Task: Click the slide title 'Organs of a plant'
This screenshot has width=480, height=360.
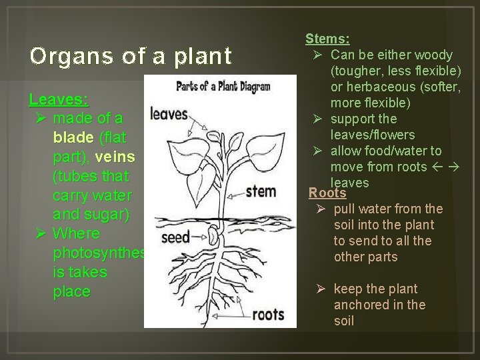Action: pyautogui.click(x=131, y=55)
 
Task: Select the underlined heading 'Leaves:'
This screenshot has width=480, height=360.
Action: pyautogui.click(x=59, y=99)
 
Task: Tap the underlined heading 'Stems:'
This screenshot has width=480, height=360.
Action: pyautogui.click(x=327, y=39)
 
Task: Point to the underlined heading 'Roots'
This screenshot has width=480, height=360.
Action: pyautogui.click(x=327, y=193)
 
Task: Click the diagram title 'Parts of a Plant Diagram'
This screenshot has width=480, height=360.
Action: pyautogui.click(x=222, y=86)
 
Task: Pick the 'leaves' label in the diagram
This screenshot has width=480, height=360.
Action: pyautogui.click(x=169, y=114)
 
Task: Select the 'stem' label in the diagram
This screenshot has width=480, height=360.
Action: pyautogui.click(x=261, y=191)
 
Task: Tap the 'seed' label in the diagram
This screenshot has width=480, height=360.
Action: pyautogui.click(x=175, y=237)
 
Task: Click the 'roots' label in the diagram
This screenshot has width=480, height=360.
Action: pyautogui.click(x=269, y=313)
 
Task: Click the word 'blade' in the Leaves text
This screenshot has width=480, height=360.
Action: pyautogui.click(x=73, y=137)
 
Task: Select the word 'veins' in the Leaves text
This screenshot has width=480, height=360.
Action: pyautogui.click(x=115, y=157)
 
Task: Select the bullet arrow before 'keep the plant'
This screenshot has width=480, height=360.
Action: pyautogui.click(x=320, y=289)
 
